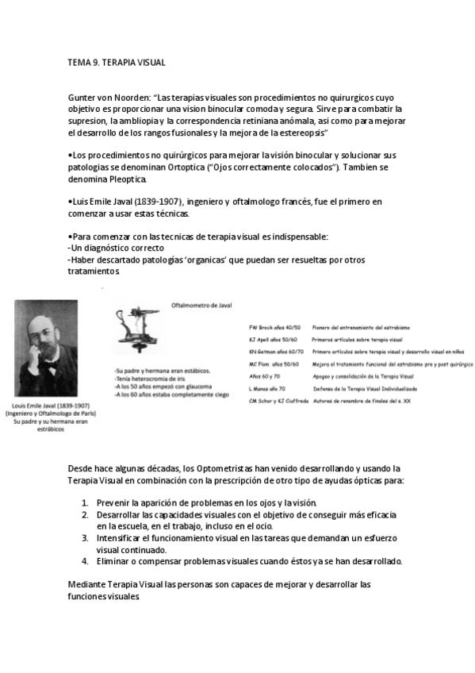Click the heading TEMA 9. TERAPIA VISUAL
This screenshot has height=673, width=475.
[x=117, y=62]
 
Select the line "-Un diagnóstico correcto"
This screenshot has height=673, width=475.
[x=117, y=248]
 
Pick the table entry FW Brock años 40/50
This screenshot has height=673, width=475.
[x=274, y=327]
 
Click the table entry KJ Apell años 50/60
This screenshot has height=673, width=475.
[x=274, y=339]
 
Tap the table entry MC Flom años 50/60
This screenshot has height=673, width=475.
[x=274, y=363]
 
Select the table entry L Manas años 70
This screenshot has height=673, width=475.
[x=268, y=388]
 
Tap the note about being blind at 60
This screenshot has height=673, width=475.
[x=170, y=393]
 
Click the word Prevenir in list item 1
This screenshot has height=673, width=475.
[x=117, y=503]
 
